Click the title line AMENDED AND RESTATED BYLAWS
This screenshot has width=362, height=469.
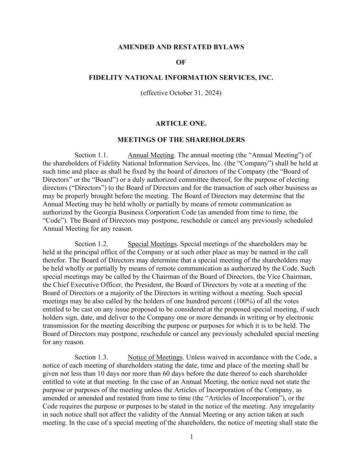[181, 47]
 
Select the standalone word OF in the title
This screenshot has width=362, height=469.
[181, 63]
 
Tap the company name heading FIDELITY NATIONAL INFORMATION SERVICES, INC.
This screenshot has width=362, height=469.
[181, 78]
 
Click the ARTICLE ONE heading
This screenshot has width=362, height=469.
[181, 123]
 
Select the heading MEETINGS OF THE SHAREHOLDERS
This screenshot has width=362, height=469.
[181, 140]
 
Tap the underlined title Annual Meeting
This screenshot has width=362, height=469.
[151, 155]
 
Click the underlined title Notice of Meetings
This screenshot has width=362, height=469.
[155, 357]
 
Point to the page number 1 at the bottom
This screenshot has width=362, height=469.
[191, 437]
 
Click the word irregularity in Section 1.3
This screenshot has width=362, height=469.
[299, 406]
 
